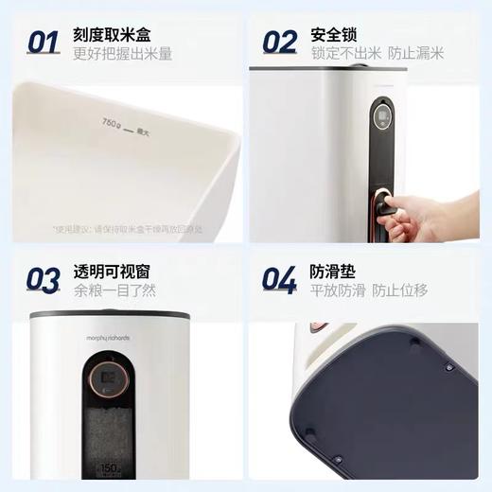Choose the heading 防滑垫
[x=333, y=272]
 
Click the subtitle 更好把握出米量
[x=123, y=54]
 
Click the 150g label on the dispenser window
[x=111, y=466]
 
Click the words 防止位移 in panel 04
[x=413, y=291]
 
